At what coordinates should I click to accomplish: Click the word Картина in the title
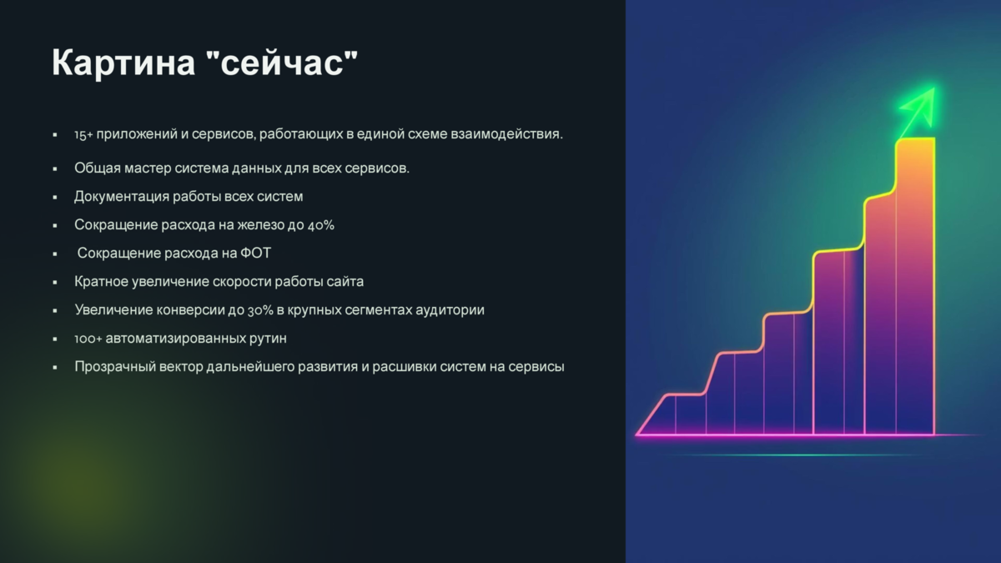click(x=123, y=63)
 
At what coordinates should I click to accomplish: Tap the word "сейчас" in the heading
click(x=283, y=63)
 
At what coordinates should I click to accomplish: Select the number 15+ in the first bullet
click(x=83, y=134)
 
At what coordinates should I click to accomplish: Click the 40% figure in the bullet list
click(x=321, y=224)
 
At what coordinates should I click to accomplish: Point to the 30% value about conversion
click(x=260, y=310)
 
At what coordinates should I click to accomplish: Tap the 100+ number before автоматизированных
click(x=88, y=339)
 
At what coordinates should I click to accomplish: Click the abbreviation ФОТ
click(x=255, y=254)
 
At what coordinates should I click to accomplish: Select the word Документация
click(x=122, y=197)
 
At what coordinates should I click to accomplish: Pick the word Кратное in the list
click(x=102, y=282)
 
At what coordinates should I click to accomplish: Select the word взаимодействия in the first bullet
click(x=507, y=134)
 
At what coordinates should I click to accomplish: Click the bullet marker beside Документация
click(x=55, y=197)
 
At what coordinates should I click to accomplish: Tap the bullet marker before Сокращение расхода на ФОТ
click(x=55, y=254)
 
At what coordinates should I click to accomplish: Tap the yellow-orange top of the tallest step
click(x=915, y=139)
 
